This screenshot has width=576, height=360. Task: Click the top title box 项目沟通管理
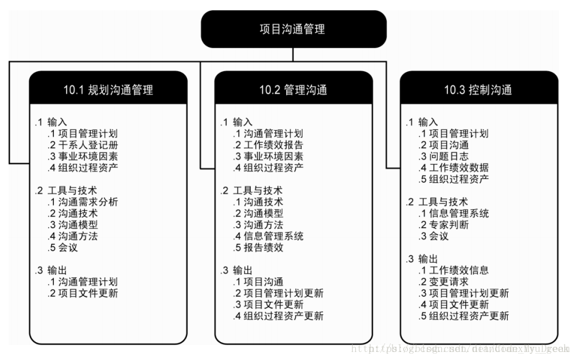click(x=293, y=29)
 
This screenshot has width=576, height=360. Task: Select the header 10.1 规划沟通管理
click(x=108, y=90)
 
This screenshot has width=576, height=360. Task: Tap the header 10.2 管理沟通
click(x=293, y=90)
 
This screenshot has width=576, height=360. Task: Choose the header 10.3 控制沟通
click(x=478, y=90)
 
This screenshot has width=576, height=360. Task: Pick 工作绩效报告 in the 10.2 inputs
click(x=274, y=145)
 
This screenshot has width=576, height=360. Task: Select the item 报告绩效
click(x=263, y=248)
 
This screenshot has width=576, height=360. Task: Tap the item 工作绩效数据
click(x=459, y=168)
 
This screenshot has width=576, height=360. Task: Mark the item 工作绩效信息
click(x=459, y=271)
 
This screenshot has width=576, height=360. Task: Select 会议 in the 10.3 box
click(x=438, y=236)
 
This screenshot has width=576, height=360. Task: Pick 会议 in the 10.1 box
click(x=68, y=248)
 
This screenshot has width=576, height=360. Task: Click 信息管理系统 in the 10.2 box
click(x=274, y=236)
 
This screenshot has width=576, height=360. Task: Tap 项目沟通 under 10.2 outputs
click(x=263, y=282)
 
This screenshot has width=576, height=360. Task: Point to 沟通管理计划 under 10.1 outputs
click(x=88, y=282)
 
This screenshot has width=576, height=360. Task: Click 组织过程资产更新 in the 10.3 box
click(x=469, y=316)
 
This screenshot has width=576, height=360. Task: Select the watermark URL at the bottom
click(x=459, y=348)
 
